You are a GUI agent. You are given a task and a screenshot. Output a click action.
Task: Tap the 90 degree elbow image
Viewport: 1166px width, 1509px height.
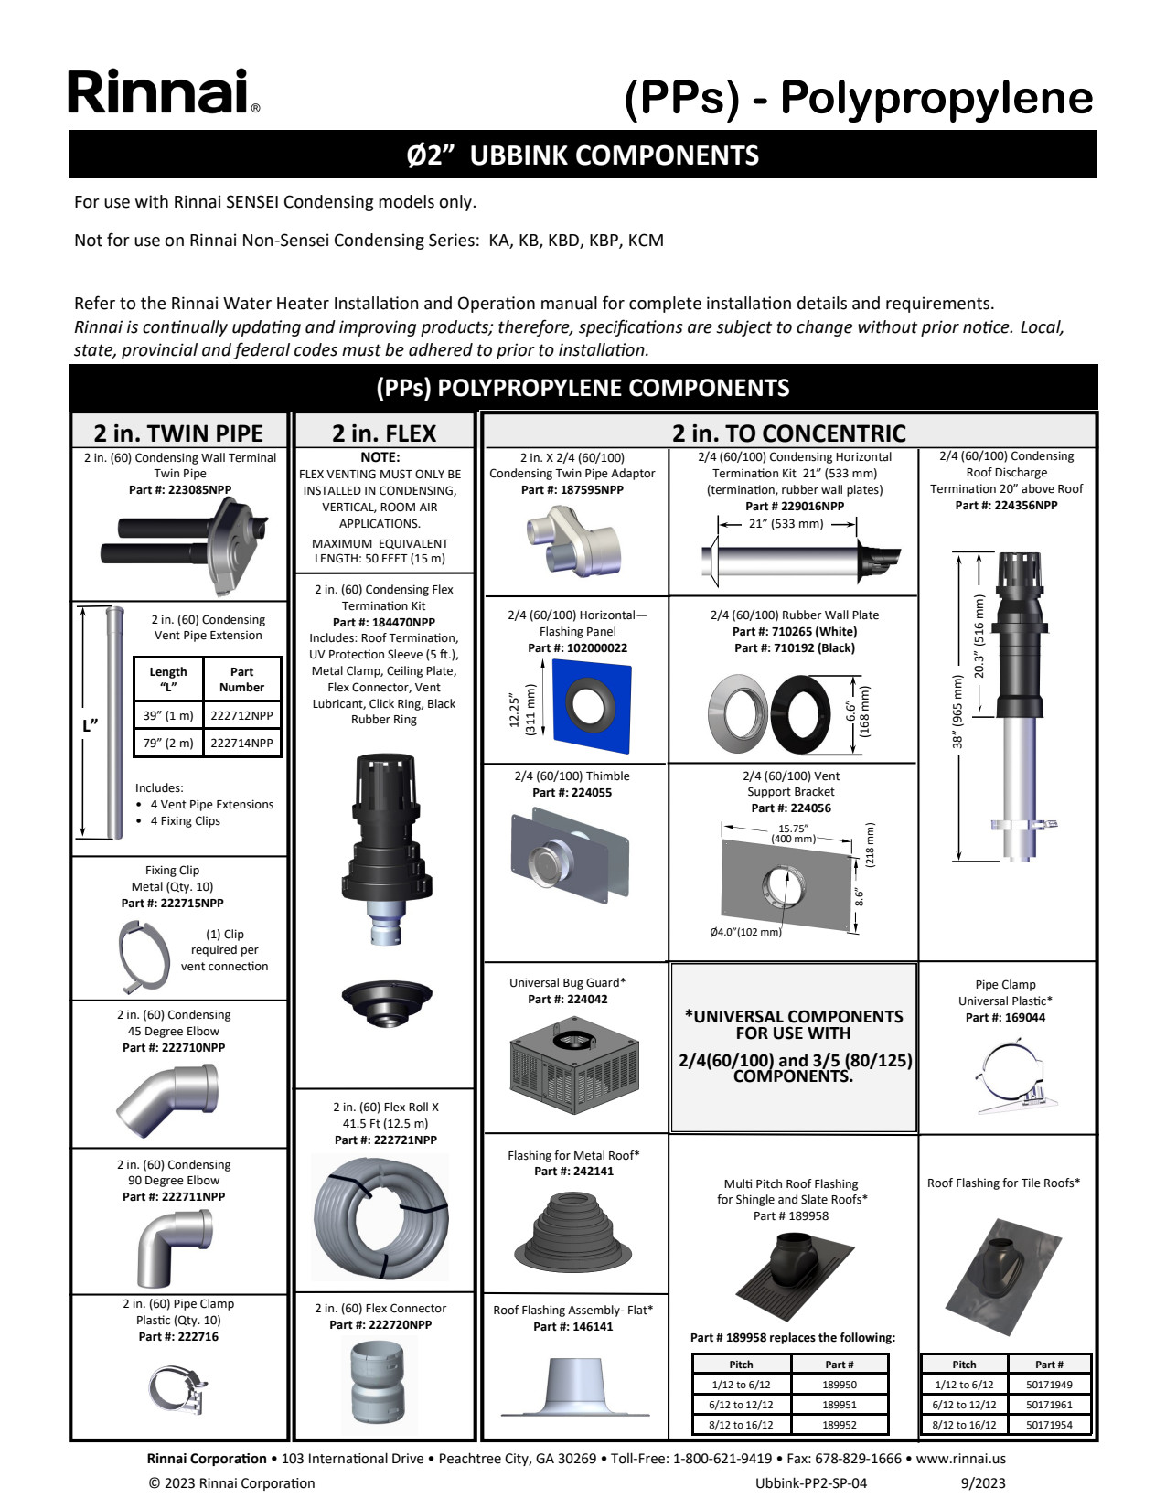(174, 1247)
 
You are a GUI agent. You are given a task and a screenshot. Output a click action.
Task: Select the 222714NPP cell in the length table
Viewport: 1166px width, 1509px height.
(241, 743)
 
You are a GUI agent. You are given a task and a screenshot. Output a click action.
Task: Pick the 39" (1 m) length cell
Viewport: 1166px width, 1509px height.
(168, 715)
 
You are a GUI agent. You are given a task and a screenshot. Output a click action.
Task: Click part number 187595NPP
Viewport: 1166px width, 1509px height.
(572, 490)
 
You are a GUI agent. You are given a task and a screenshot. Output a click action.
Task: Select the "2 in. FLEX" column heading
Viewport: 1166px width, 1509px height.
(384, 433)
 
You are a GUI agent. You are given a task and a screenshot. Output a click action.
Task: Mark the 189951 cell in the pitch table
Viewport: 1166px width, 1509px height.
(839, 1405)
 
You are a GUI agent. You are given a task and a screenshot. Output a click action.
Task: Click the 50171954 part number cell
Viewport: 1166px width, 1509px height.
(1049, 1425)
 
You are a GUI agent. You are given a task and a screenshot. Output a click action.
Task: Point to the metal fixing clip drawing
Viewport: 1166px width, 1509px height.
(144, 957)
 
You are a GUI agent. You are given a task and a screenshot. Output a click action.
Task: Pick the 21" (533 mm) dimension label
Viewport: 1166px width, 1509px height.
(786, 524)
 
